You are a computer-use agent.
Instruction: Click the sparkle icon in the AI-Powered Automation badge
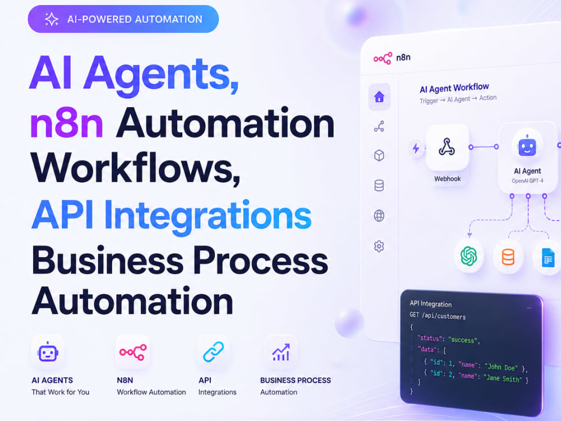51,19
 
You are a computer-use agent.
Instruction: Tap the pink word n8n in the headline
67,123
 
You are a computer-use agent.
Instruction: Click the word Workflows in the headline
135,168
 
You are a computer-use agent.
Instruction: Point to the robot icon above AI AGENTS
48,352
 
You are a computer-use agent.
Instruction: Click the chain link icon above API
214,351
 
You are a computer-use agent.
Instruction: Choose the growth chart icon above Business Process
281,353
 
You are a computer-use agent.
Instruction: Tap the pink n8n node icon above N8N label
133,353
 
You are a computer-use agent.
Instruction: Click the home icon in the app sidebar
379,97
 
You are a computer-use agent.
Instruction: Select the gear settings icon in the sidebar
379,246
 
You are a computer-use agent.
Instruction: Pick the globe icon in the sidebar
379,216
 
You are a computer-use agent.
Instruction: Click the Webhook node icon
447,147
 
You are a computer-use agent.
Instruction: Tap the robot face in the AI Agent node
527,147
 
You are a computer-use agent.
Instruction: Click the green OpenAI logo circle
468,257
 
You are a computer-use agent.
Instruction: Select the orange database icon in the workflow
508,257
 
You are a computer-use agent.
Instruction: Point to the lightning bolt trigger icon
416,148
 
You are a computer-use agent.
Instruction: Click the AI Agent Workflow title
454,88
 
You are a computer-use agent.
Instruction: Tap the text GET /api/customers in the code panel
438,315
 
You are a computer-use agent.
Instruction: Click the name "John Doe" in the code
501,367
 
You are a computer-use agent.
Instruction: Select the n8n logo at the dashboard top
392,58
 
